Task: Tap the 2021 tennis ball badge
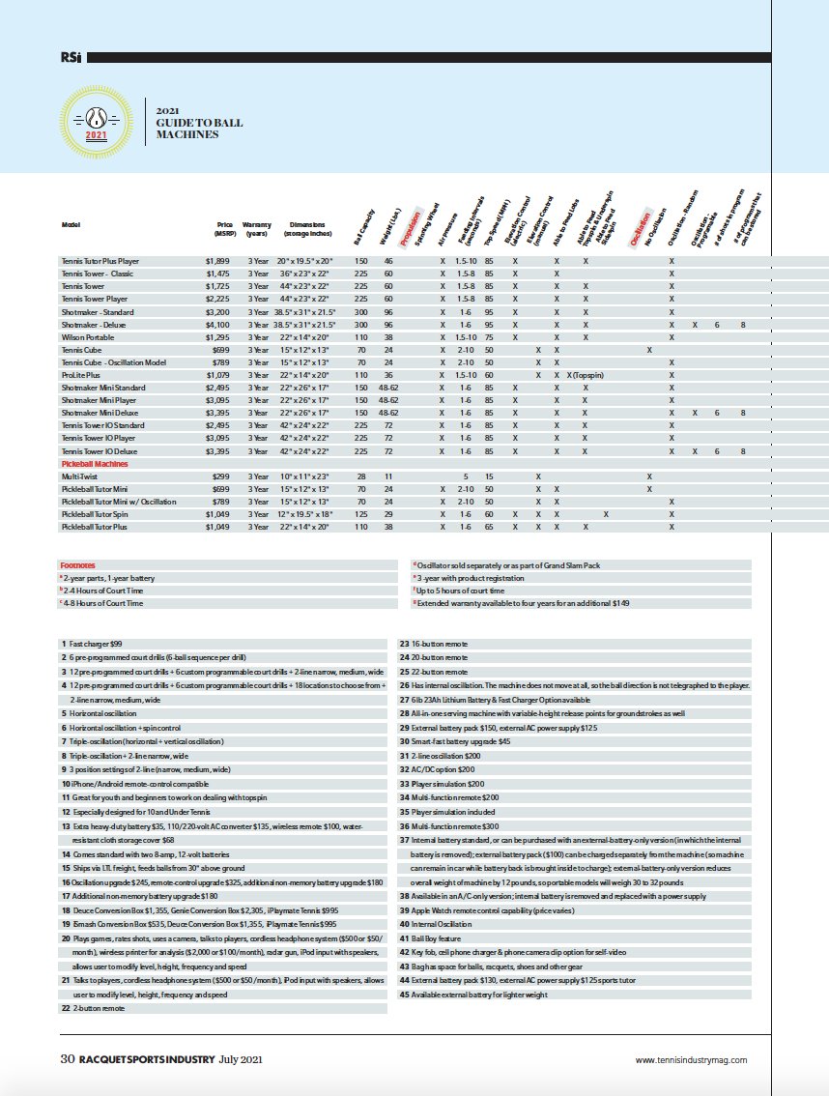point(96,121)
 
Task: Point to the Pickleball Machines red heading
point(96,464)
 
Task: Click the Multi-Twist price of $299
point(225,476)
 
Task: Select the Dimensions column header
point(309,228)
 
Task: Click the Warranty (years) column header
point(257,228)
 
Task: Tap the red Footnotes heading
point(78,564)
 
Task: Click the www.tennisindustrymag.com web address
point(691,1060)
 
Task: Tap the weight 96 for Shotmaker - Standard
point(388,312)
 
